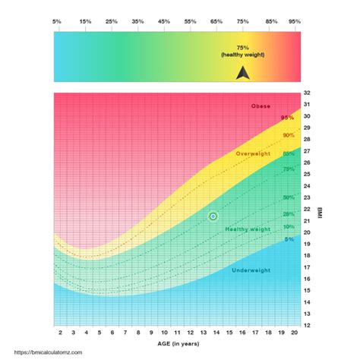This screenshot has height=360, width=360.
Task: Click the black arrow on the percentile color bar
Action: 242,73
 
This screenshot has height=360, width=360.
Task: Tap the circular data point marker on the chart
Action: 213,216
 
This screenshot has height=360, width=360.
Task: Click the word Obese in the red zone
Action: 261,106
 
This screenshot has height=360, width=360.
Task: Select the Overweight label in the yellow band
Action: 253,154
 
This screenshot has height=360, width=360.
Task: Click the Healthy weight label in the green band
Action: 248,229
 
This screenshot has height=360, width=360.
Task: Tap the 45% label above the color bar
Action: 163,23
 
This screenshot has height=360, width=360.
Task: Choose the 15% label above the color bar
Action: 85,23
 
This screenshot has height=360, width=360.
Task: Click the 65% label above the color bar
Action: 216,23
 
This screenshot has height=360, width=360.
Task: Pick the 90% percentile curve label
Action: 289,135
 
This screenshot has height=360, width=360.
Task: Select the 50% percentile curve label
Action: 289,197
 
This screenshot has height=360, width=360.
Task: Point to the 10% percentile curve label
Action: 289,227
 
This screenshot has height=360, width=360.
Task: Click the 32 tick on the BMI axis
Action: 306,93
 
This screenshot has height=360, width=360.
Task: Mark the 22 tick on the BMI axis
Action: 306,209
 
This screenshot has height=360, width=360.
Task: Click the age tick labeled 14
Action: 214,333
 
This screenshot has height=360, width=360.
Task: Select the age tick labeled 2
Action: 59,333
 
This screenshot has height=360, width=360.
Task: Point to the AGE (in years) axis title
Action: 180,344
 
